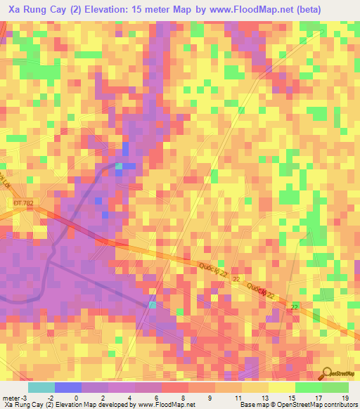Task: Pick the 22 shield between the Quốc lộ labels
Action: pyautogui.click(x=236, y=279)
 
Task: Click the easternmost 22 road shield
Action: pyautogui.click(x=295, y=307)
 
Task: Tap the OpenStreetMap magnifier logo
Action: pyautogui.click(x=327, y=373)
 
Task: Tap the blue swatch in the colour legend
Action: pyautogui.click(x=67, y=387)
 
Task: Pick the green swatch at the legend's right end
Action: pyautogui.click(x=335, y=387)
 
